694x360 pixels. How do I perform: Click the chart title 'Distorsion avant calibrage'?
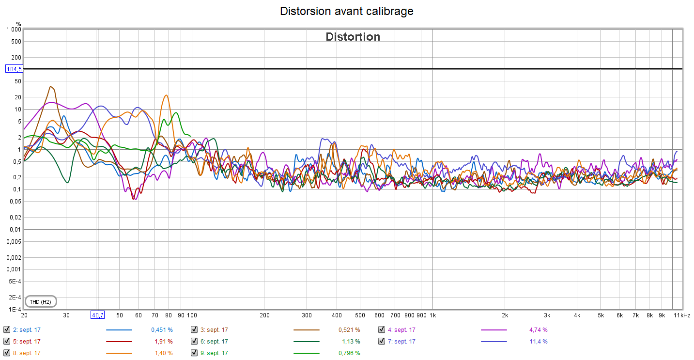click(x=347, y=11)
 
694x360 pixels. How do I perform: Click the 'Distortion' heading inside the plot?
click(x=353, y=37)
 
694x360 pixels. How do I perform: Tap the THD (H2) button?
click(x=40, y=302)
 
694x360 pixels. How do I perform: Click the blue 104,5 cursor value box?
click(x=14, y=69)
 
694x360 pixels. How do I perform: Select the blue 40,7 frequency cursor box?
click(x=98, y=315)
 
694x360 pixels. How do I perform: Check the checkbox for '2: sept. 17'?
click(x=6, y=330)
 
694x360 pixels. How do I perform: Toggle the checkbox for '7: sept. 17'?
click(x=382, y=342)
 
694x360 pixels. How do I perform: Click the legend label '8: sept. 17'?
click(x=27, y=353)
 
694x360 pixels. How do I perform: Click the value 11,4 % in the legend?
click(x=539, y=342)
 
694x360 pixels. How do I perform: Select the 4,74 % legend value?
click(x=539, y=330)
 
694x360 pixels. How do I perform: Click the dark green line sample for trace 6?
click(x=306, y=342)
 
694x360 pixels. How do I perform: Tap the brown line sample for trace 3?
click(x=306, y=330)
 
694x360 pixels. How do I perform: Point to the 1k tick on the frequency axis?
click(x=432, y=315)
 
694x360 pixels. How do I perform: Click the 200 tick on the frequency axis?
click(x=264, y=315)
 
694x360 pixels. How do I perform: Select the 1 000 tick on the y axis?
click(x=14, y=30)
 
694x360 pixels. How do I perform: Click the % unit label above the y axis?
click(x=18, y=24)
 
